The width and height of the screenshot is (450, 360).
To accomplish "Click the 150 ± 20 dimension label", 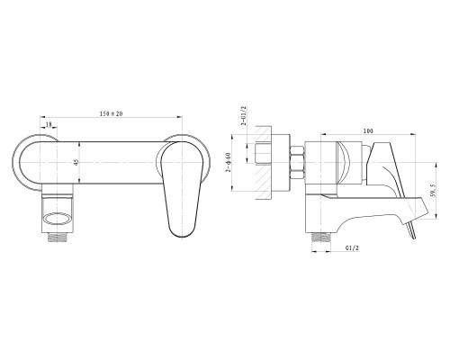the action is pos(111,114).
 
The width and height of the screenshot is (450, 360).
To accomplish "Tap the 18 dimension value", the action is pos(49,124).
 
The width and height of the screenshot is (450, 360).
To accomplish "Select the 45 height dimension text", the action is pos(76,162).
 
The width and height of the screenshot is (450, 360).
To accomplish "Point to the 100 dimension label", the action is pos(368,130).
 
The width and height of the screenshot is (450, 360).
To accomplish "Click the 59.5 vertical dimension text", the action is pos(432,191).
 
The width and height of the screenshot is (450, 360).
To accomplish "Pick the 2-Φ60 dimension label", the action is pos(229,162).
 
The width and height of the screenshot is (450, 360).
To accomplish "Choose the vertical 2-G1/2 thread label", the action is pos(244,115).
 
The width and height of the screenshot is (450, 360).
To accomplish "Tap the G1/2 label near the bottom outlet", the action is pos(352,248).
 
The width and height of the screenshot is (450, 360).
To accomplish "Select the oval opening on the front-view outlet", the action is pos(58,219).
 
